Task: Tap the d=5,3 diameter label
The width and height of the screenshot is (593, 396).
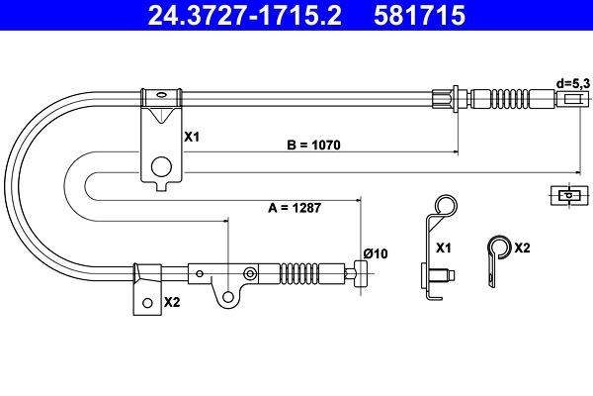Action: pyautogui.click(x=571, y=84)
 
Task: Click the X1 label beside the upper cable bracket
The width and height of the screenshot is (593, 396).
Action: pyautogui.click(x=192, y=138)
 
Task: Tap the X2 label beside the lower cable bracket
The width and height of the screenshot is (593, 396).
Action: pyautogui.click(x=172, y=302)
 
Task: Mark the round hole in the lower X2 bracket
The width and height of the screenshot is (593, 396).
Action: pyautogui.click(x=147, y=303)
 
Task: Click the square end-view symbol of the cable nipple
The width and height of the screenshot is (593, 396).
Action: pyautogui.click(x=564, y=194)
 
